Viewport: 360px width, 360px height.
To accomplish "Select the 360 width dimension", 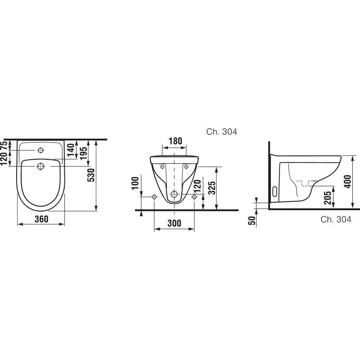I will [x=40, y=219].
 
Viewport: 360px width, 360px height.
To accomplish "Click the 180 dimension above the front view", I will [x=175, y=141].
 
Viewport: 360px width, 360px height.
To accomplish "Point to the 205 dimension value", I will [x=328, y=196].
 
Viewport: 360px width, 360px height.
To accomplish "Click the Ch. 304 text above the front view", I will [x=221, y=132].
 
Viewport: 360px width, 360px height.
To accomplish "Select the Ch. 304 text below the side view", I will [x=336, y=220].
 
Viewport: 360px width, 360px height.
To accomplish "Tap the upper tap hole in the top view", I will [x=40, y=150].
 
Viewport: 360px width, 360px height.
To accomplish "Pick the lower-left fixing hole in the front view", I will [x=154, y=197].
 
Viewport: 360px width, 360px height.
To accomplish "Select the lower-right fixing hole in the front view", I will [x=194, y=197].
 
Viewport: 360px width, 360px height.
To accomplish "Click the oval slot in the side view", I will [x=275, y=191].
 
